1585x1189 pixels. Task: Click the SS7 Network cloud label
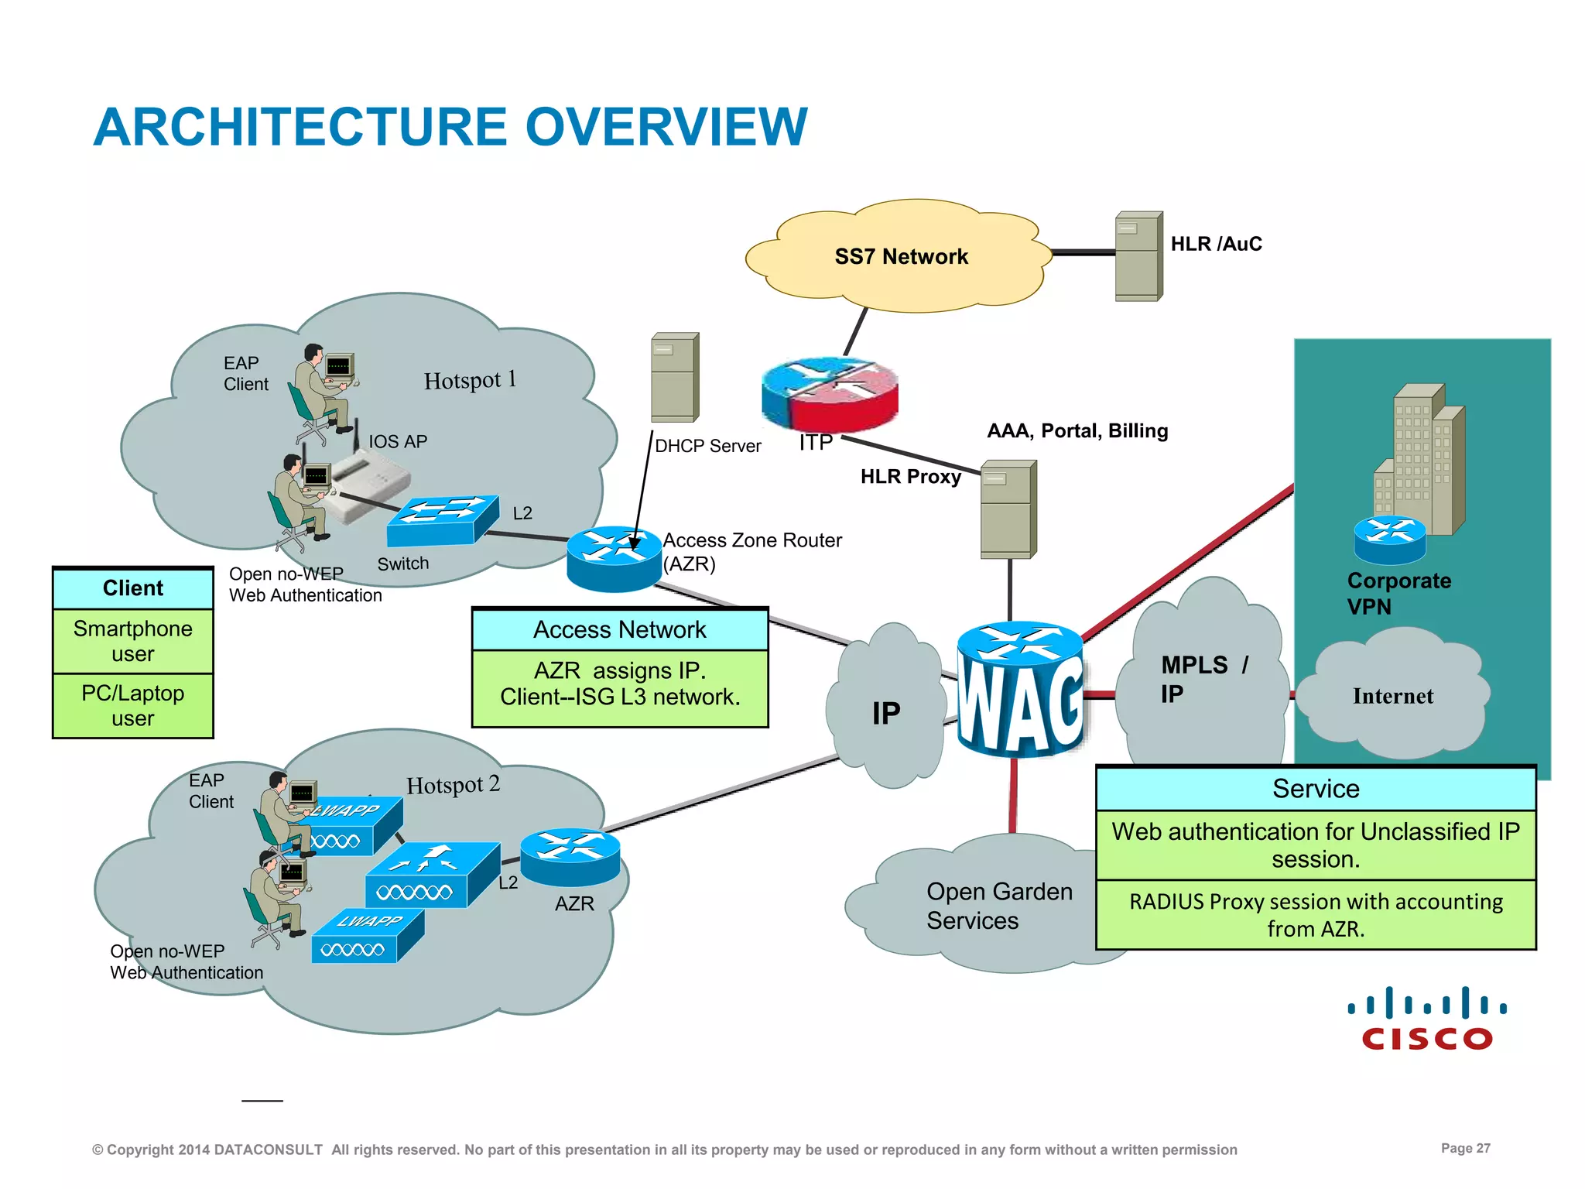(901, 256)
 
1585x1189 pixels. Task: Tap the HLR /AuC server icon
(1138, 256)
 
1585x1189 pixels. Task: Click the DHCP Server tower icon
(675, 378)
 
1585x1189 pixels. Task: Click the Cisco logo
(1427, 1018)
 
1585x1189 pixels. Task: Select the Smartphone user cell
(133, 641)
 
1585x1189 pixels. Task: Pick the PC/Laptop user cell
(133, 705)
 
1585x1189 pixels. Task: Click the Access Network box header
(620, 629)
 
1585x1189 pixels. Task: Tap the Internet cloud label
(1392, 696)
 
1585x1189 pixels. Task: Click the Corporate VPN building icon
(1420, 461)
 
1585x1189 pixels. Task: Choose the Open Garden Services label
(998, 906)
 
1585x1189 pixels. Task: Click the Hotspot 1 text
(470, 380)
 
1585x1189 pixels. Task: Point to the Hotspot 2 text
(453, 785)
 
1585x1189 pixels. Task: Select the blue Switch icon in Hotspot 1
(443, 520)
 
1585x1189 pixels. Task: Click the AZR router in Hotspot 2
(570, 857)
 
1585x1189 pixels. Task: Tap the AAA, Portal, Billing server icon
(1008, 509)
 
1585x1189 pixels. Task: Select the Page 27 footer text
(1465, 1148)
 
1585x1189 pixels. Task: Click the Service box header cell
(1316, 789)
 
